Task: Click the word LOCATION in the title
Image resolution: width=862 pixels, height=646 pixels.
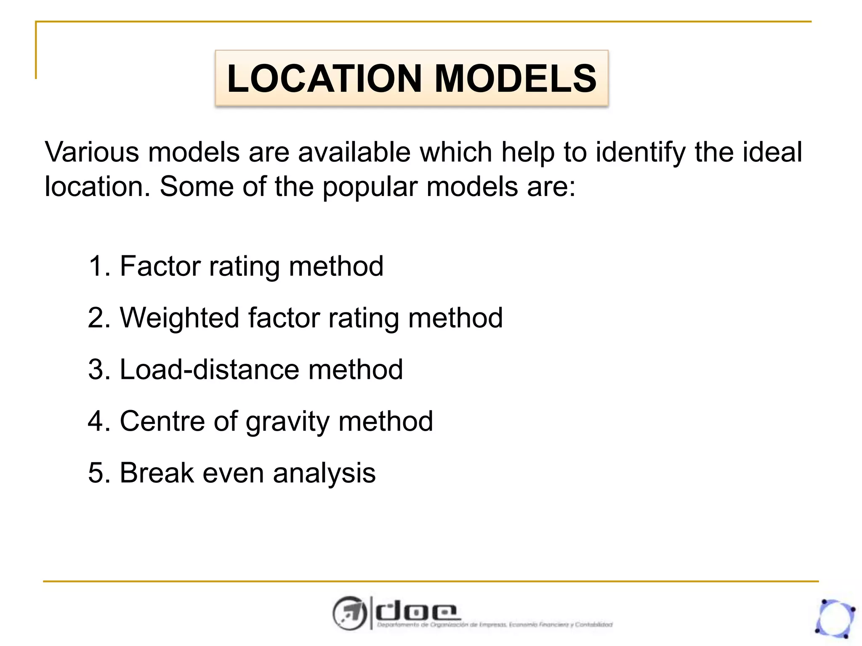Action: point(324,79)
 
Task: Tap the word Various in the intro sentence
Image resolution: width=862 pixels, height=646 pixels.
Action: point(92,152)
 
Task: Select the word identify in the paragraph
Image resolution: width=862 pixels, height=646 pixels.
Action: point(641,153)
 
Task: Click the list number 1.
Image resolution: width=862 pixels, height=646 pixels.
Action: point(98,266)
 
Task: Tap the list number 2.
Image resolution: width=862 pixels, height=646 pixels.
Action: point(98,318)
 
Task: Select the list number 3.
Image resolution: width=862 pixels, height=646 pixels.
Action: point(98,370)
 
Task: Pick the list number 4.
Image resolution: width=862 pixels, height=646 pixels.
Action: point(98,421)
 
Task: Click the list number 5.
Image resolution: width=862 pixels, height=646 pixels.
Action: point(98,473)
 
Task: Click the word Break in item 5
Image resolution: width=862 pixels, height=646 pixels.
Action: point(157,473)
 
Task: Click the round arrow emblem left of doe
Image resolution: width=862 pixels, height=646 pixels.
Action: point(349,613)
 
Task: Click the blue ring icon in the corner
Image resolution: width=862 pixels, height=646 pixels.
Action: point(835,619)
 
